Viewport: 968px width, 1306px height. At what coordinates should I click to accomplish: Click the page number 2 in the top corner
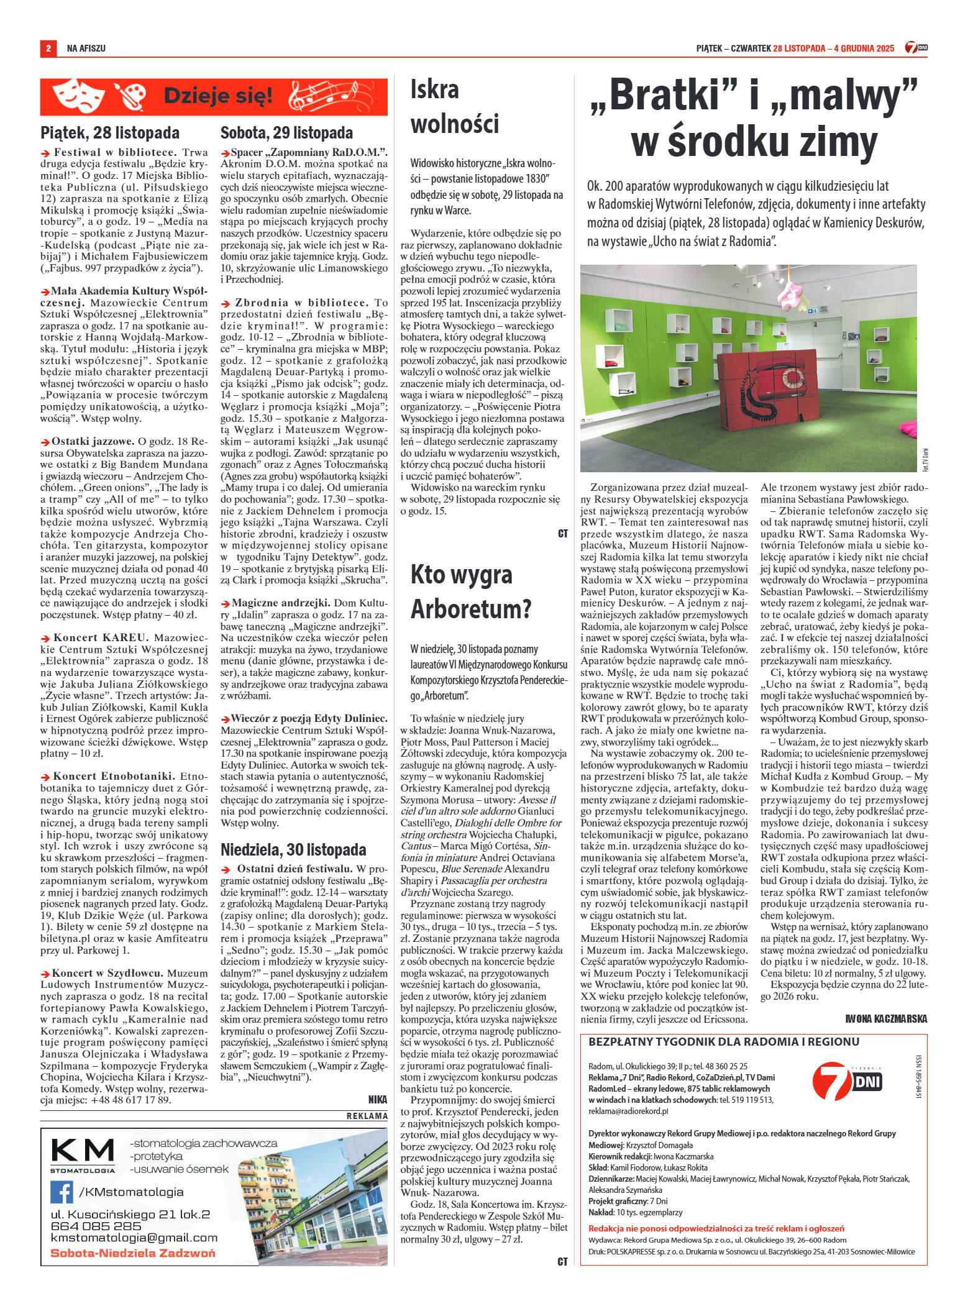[x=48, y=48]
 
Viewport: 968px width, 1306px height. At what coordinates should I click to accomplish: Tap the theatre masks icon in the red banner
[x=76, y=96]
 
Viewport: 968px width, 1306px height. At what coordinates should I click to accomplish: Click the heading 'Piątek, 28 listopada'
[x=110, y=132]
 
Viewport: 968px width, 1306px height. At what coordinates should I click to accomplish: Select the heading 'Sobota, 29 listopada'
[x=286, y=132]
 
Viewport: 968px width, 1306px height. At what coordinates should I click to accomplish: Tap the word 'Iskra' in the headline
[x=434, y=91]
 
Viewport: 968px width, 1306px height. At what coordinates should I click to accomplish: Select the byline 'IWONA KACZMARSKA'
[x=886, y=1018]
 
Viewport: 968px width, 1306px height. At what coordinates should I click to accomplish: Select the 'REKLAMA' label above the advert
[x=367, y=1116]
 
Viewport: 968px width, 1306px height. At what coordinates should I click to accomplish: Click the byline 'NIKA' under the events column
[x=377, y=1098]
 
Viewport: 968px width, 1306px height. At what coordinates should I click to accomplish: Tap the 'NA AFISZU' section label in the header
[x=86, y=48]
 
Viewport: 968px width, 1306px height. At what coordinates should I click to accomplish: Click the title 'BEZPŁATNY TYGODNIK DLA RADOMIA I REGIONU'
[x=723, y=1041]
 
